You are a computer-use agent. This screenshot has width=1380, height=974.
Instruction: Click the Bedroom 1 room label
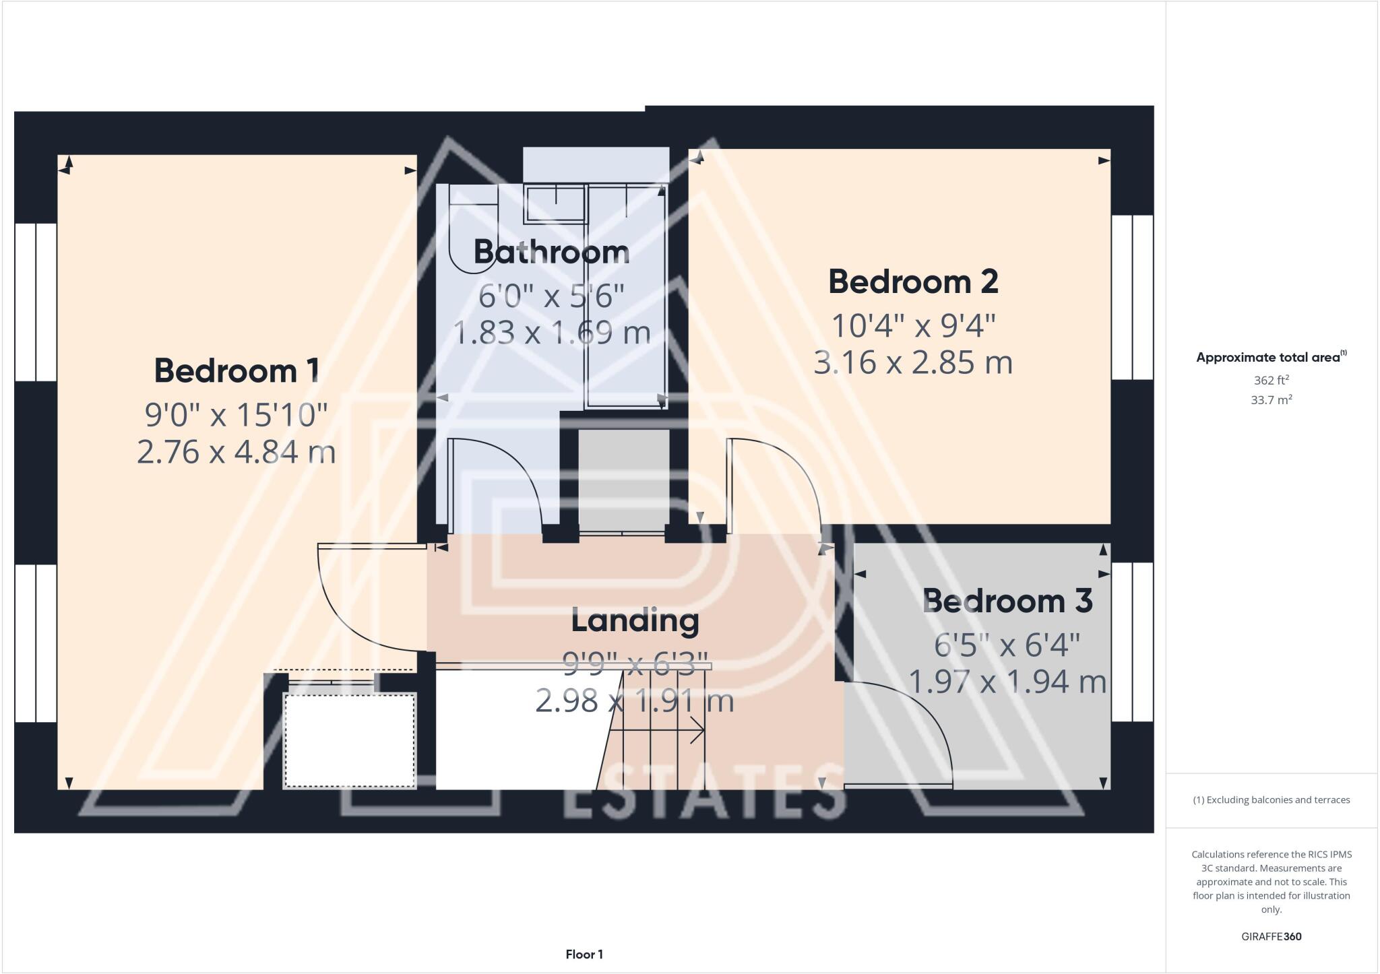coord(237,371)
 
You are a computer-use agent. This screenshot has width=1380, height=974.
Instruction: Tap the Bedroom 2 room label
coord(913,282)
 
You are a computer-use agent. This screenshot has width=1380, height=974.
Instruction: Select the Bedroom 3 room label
coord(1007,601)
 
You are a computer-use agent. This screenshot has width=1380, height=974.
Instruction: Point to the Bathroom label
coord(552,252)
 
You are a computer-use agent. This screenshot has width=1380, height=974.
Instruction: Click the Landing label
coord(635,620)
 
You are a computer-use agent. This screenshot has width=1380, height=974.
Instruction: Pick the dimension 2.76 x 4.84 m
coord(237,452)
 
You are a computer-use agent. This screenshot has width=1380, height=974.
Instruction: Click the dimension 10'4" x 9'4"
coord(913,327)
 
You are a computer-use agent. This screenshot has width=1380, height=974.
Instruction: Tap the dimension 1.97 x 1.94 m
coord(1007,682)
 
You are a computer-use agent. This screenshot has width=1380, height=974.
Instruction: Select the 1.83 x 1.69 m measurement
coord(552,333)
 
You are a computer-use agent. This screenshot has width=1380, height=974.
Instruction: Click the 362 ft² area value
coord(1271,380)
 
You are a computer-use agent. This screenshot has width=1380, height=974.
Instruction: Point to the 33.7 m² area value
coord(1271,399)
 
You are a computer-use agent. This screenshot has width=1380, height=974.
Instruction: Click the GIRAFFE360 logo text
coord(1271,936)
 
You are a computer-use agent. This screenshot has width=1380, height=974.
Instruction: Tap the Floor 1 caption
coord(584,954)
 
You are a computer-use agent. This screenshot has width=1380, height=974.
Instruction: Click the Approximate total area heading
coord(1271,357)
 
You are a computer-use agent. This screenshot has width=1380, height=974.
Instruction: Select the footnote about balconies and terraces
coord(1271,800)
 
